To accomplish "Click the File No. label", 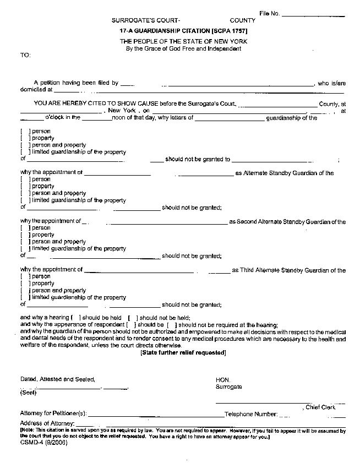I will (270, 13).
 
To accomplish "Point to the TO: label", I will (25, 55).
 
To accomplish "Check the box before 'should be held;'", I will (76, 318).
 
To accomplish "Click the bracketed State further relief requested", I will (183, 352).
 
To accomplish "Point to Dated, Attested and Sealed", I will (58, 379).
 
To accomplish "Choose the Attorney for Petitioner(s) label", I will (53, 413).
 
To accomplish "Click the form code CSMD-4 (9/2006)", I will (43, 442).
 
